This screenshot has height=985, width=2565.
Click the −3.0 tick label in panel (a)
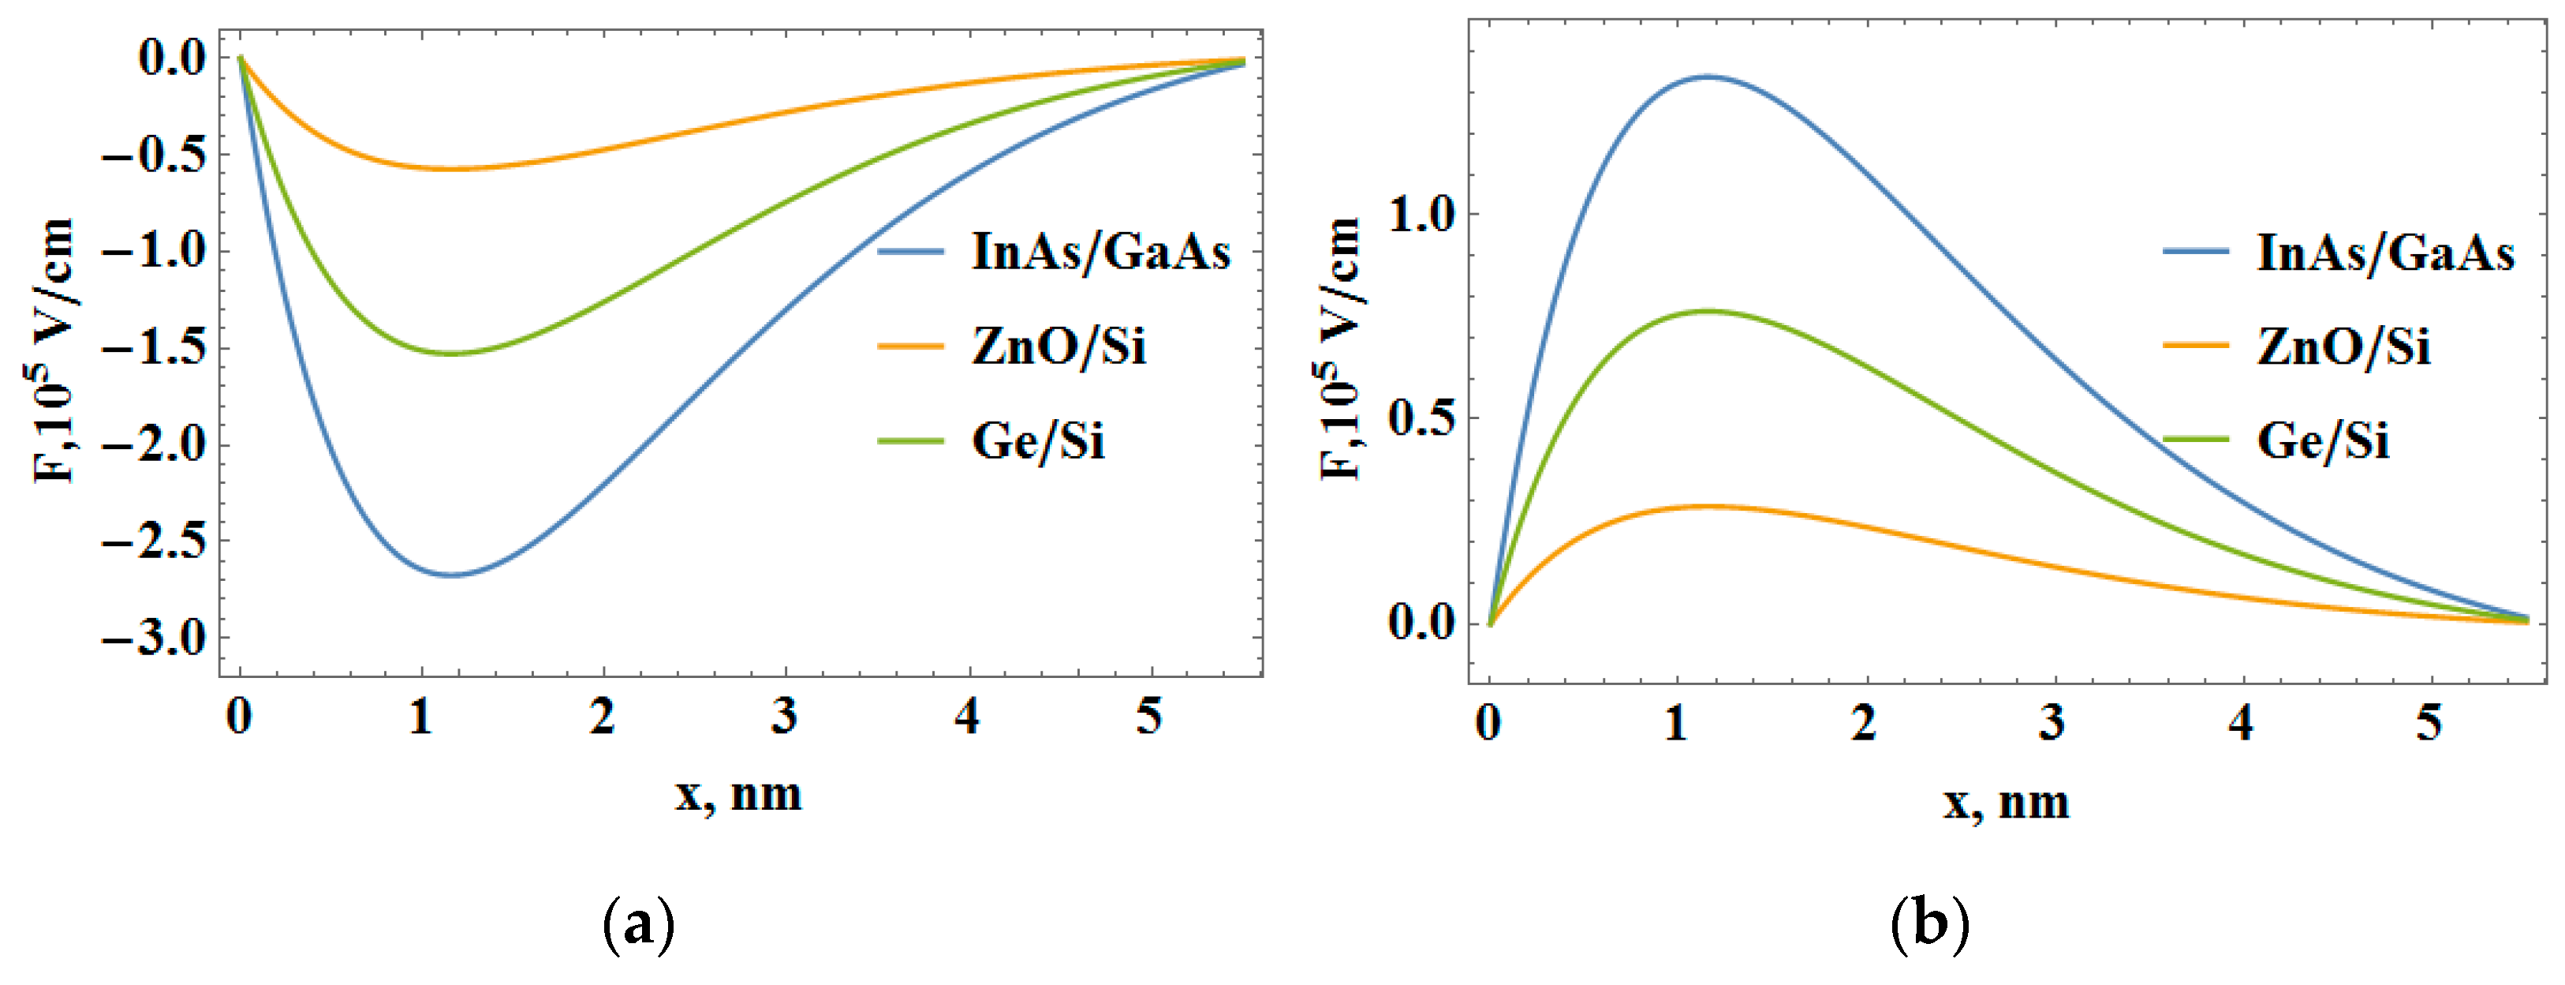pyautogui.click(x=155, y=639)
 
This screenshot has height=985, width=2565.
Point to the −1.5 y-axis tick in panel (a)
pyautogui.click(x=155, y=349)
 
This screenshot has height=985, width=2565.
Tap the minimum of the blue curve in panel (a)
pyautogui.click(x=452, y=575)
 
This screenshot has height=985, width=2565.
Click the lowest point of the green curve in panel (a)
pyautogui.click(x=452, y=354)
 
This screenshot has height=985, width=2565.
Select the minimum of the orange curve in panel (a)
pyautogui.click(x=452, y=168)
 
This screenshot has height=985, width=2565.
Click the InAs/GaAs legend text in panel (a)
pyautogui.click(x=1100, y=252)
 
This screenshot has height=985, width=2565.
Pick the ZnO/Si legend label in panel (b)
pyautogui.click(x=2343, y=347)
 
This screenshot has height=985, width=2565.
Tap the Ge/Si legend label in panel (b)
pyautogui.click(x=2322, y=440)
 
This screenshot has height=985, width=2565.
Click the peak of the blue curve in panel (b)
pyautogui.click(x=1707, y=77)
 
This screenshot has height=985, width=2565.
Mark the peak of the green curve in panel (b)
pyautogui.click(x=1707, y=311)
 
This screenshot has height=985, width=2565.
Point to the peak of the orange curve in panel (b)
pyautogui.click(x=1707, y=506)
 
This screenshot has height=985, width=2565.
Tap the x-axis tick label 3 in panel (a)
pyautogui.click(x=785, y=716)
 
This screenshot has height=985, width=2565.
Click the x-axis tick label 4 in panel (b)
pyautogui.click(x=2240, y=722)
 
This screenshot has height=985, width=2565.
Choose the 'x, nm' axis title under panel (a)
pyautogui.click(x=737, y=795)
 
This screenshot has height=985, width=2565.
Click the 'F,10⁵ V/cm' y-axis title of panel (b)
pyautogui.click(x=1340, y=349)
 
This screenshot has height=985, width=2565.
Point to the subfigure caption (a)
pyautogui.click(x=638, y=924)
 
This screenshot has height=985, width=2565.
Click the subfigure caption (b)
pyautogui.click(x=1928, y=924)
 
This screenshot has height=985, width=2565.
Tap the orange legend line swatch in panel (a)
pyautogui.click(x=909, y=346)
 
